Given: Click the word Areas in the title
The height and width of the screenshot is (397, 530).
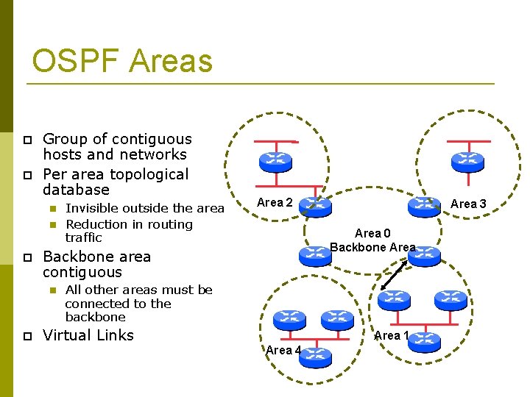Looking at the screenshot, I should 171,61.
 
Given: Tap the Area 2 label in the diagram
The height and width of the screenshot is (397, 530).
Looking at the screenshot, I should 274,202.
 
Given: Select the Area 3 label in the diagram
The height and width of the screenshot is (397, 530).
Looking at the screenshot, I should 468,204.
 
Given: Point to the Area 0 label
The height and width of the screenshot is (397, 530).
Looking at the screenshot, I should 372,234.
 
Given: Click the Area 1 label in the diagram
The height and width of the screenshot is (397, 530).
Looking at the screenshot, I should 392,336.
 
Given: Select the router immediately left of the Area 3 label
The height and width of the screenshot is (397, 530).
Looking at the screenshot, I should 425,207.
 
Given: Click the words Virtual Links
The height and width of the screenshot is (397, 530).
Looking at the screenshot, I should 88,335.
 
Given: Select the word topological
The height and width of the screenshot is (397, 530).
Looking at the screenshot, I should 149,174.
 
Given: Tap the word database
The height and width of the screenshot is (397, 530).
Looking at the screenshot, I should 76,190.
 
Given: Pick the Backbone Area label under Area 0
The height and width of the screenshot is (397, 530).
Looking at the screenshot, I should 372,247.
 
